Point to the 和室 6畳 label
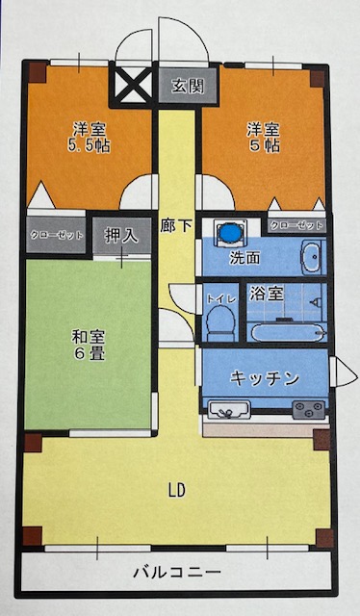coord(88,345)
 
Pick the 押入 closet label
coord(120,235)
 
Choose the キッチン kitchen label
coord(265,378)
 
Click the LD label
coord(176,490)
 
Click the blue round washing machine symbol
coord(231,233)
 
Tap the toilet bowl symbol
coord(220,321)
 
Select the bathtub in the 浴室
coord(288,331)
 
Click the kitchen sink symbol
coord(229,411)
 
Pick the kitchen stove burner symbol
coord(309,411)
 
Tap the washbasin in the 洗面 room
coord(311,257)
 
